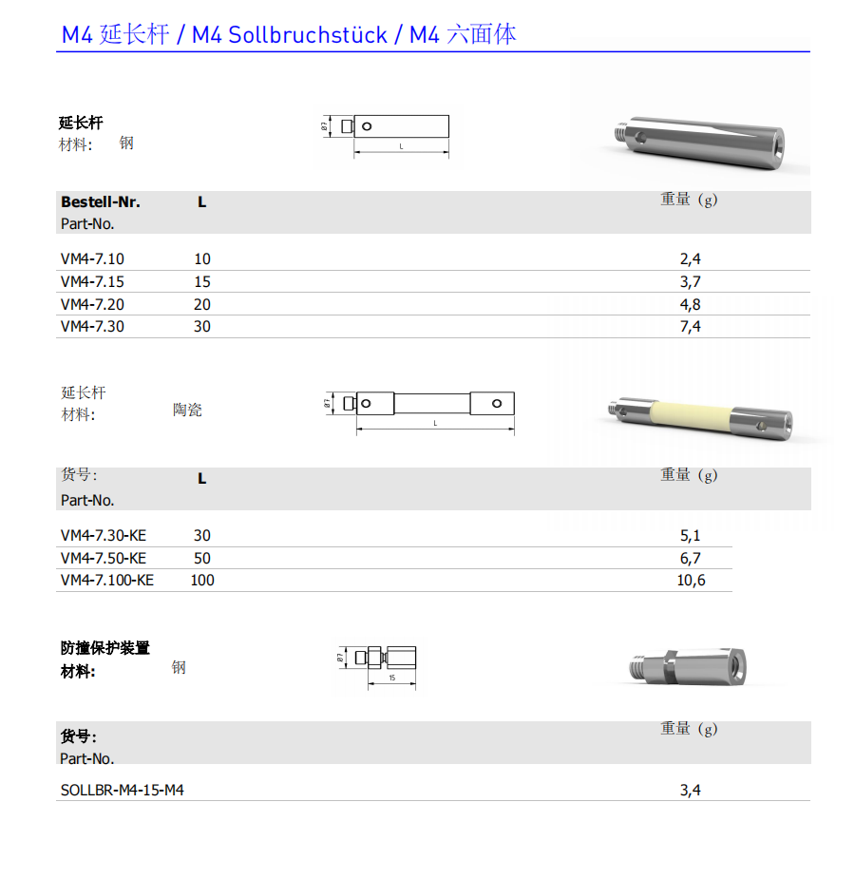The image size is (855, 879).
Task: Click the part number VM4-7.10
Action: tap(92, 258)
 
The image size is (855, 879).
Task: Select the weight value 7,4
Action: tap(690, 326)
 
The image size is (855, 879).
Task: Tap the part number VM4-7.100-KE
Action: tap(106, 580)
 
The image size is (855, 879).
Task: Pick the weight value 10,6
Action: tap(691, 580)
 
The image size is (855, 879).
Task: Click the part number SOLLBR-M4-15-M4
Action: tap(122, 790)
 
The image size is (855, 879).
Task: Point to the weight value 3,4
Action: tap(690, 790)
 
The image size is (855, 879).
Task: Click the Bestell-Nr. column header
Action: tap(100, 201)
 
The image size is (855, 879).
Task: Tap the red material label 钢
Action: tap(126, 143)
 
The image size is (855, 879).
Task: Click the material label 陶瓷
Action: tap(187, 410)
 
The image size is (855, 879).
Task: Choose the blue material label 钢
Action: tap(179, 667)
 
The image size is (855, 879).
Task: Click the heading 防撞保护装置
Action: tap(104, 648)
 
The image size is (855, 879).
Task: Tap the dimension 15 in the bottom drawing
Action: tap(391, 679)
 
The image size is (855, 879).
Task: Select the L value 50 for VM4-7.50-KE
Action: tap(201, 558)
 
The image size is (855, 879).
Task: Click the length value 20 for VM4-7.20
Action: tap(201, 304)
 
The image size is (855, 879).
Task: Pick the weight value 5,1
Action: tap(690, 536)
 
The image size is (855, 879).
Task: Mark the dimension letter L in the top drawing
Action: tap(401, 146)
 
